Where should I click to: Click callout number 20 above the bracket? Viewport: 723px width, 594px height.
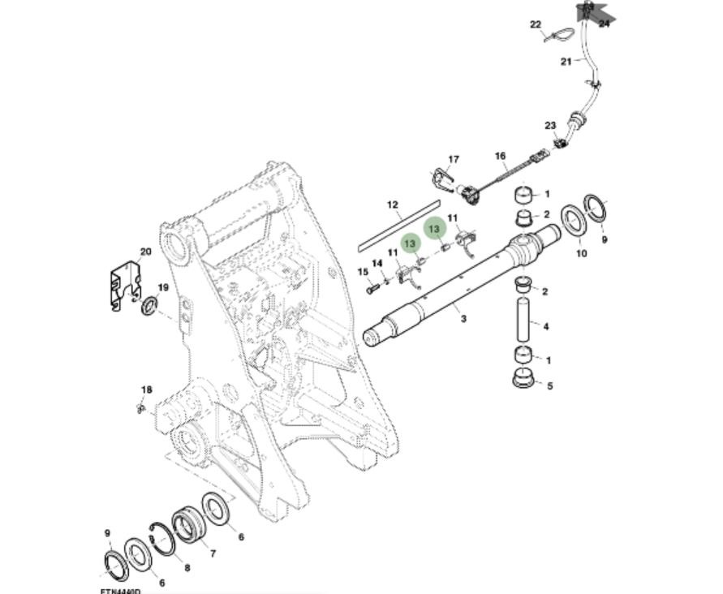pos(146,252)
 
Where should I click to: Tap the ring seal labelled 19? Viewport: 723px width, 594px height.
pos(149,307)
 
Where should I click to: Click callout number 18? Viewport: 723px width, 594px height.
pos(146,390)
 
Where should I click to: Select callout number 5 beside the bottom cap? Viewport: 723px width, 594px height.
pos(549,385)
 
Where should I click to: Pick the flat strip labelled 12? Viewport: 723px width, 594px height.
pos(398,228)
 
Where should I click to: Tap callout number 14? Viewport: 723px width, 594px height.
pos(377,263)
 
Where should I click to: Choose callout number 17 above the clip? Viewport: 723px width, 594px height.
pos(454,159)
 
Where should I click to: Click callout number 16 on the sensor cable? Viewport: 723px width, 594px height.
pos(500,156)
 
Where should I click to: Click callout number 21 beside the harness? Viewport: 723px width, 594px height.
pos(566,61)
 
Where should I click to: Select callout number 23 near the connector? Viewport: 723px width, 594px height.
pos(550,125)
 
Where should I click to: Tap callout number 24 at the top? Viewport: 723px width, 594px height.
pos(604,24)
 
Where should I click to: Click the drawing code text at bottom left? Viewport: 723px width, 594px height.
pos(120,591)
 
